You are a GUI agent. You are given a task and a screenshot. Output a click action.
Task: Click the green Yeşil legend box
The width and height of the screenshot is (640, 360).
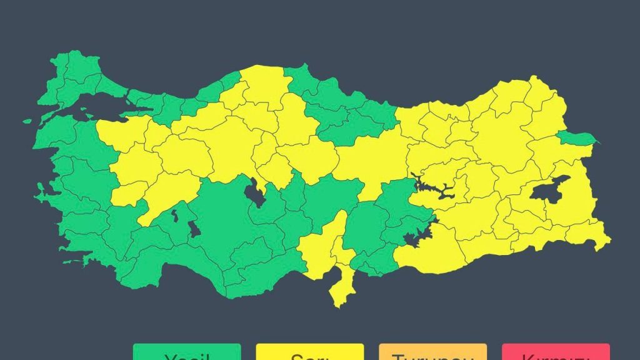186,352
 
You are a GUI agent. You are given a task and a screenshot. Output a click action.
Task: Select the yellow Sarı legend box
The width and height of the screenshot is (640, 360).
309,352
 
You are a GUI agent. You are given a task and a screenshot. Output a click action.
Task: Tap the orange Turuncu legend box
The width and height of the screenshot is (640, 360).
432,352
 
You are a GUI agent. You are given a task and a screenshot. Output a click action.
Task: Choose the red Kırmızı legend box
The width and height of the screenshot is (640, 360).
556,352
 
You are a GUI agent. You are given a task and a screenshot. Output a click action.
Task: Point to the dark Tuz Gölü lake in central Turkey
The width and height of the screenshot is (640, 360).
255,192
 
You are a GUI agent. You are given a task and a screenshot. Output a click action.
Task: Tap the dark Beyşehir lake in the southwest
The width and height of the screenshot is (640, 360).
194,229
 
